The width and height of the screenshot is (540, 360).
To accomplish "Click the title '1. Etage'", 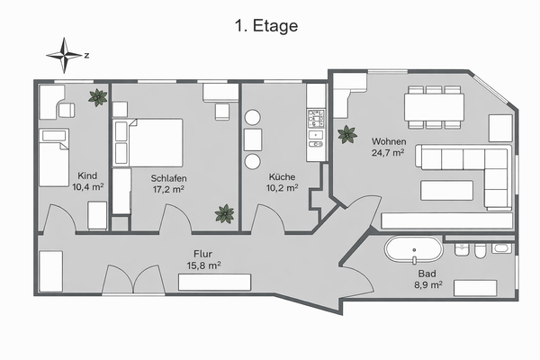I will coord(265,26).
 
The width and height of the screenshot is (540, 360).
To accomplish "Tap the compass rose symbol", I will coord(64,55).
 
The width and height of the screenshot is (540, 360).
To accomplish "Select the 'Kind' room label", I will coord(87,175).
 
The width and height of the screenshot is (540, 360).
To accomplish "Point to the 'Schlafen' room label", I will coord(168,178).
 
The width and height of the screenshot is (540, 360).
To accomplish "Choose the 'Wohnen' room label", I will coord(388,142).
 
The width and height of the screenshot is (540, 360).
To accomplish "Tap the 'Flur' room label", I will coord(202,254).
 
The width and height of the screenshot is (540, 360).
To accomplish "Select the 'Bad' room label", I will coord(428,273).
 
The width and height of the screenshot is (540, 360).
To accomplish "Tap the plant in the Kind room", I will coord(95,98).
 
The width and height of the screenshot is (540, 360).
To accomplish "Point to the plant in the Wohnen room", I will coord(346,136).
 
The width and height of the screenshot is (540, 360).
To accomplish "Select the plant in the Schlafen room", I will coord(224,214).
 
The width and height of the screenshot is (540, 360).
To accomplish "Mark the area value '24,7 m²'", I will coord(388,154).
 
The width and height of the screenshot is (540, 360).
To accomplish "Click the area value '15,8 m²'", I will coord(203,265).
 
